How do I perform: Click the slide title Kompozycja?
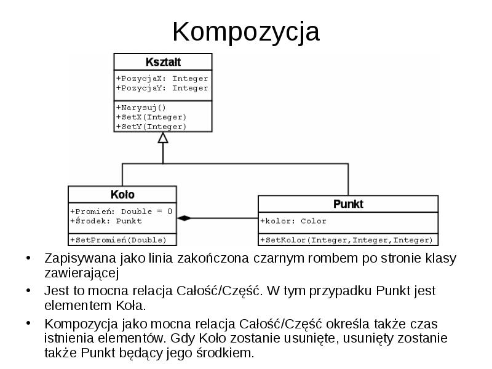point(245,31)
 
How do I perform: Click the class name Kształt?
point(163,62)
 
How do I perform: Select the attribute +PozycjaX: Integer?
point(162,79)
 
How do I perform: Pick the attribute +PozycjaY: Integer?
point(162,88)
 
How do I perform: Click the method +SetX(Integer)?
point(151,117)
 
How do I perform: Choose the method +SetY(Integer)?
point(151,126)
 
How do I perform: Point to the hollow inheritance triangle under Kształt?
point(163,138)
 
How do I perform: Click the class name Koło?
point(122,194)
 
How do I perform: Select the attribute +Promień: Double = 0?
point(121,211)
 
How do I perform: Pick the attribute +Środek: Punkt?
point(106,221)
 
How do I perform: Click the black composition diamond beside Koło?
point(184,218)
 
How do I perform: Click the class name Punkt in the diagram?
point(348,204)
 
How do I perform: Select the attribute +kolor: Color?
point(293,221)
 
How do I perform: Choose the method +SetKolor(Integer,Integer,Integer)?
point(347,240)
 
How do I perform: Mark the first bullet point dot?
point(27,258)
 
